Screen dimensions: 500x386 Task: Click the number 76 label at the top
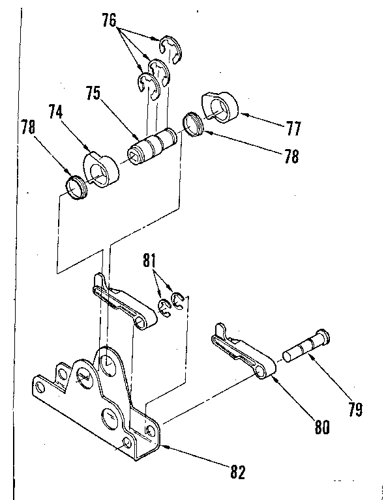[x=109, y=20]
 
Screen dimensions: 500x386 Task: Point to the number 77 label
[x=293, y=128]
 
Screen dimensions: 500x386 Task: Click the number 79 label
[x=355, y=410]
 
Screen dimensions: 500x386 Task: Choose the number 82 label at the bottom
[x=236, y=472]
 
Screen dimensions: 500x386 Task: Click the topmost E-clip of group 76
[x=168, y=46]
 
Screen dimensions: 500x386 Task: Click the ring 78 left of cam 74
[x=77, y=188]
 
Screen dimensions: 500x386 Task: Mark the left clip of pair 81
[x=164, y=307]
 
